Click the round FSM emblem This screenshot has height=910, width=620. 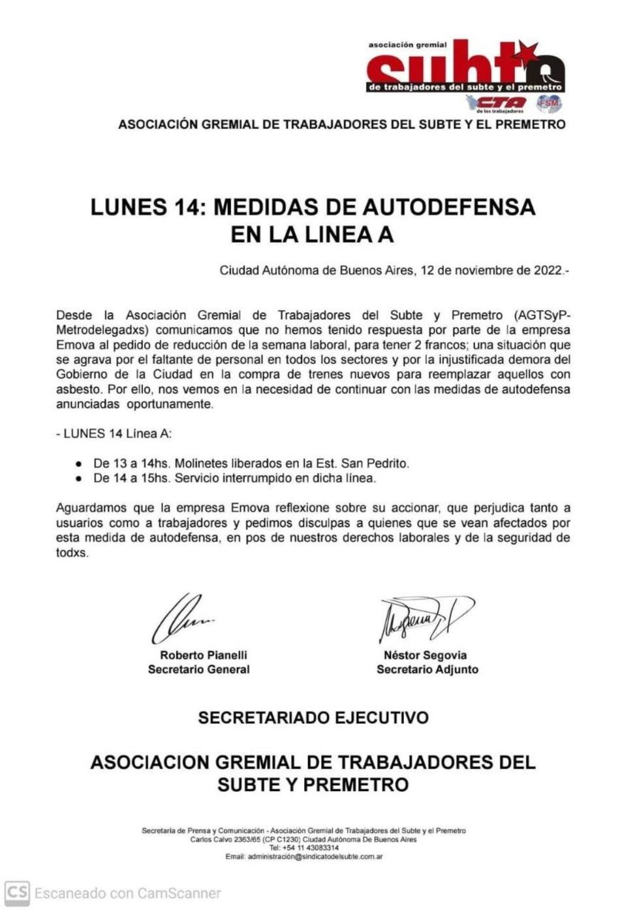click(548, 102)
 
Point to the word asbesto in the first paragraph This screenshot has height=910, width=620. click(76, 390)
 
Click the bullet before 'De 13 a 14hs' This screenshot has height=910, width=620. click(79, 464)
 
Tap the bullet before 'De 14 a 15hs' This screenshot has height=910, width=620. click(79, 479)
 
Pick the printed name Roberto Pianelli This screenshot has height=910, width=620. click(204, 655)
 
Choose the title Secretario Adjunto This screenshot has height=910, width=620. click(427, 670)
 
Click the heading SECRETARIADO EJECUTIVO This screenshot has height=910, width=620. click(313, 718)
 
